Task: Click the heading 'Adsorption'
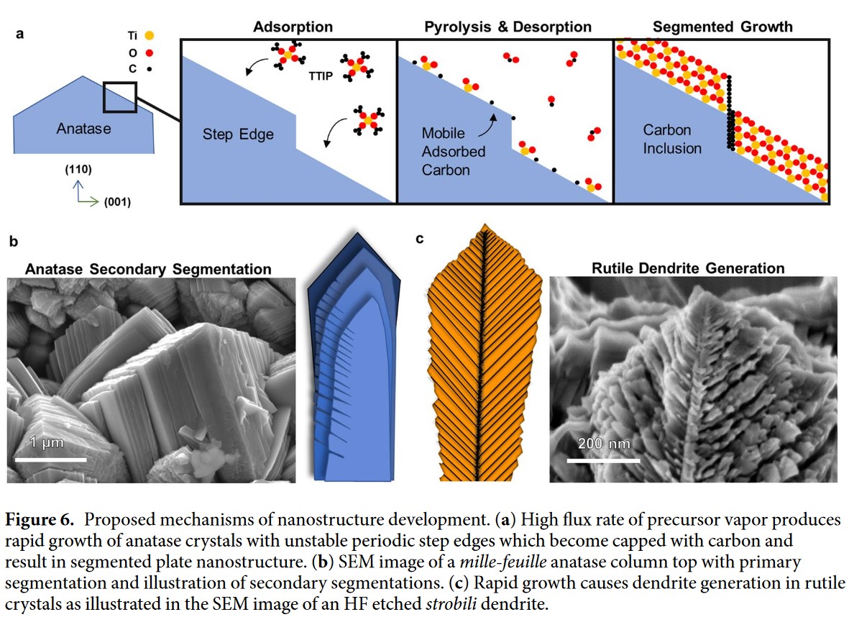293,27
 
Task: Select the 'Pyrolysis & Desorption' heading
508,27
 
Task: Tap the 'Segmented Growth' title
722,27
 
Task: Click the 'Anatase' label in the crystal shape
84,129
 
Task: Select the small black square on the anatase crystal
119,97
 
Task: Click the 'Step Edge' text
238,134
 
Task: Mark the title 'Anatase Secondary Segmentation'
148,270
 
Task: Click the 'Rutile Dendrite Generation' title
688,268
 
